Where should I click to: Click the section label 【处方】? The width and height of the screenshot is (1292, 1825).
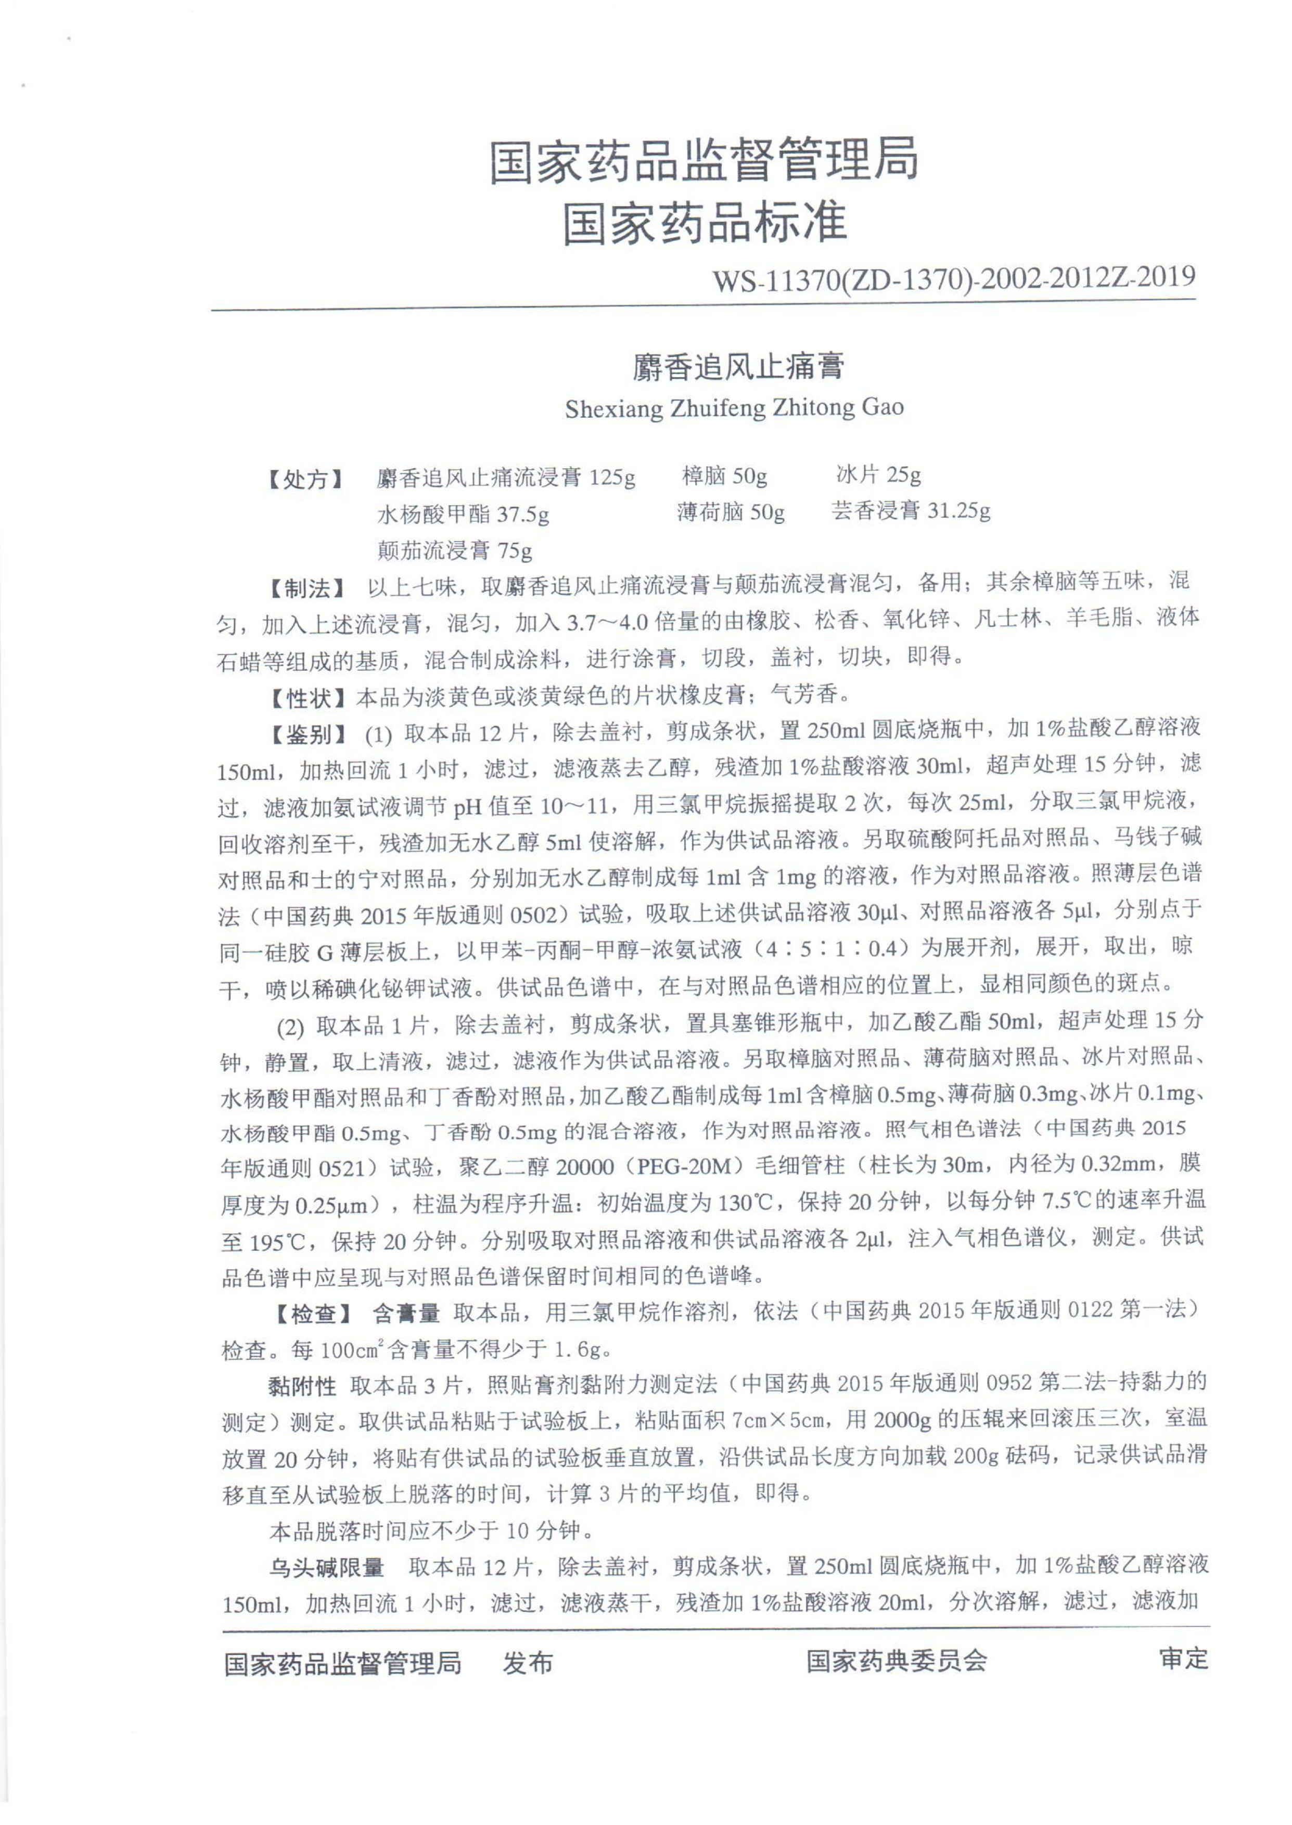pos(305,480)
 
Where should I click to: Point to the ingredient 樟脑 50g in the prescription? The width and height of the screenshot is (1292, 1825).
pos(724,477)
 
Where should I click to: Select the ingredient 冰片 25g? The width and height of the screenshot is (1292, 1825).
pos(878,475)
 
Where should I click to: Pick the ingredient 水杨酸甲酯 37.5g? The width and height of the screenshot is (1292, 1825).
pos(463,515)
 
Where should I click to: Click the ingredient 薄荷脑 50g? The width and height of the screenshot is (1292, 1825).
pos(731,513)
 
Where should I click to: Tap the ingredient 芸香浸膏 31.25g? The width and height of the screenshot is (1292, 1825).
pos(911,511)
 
